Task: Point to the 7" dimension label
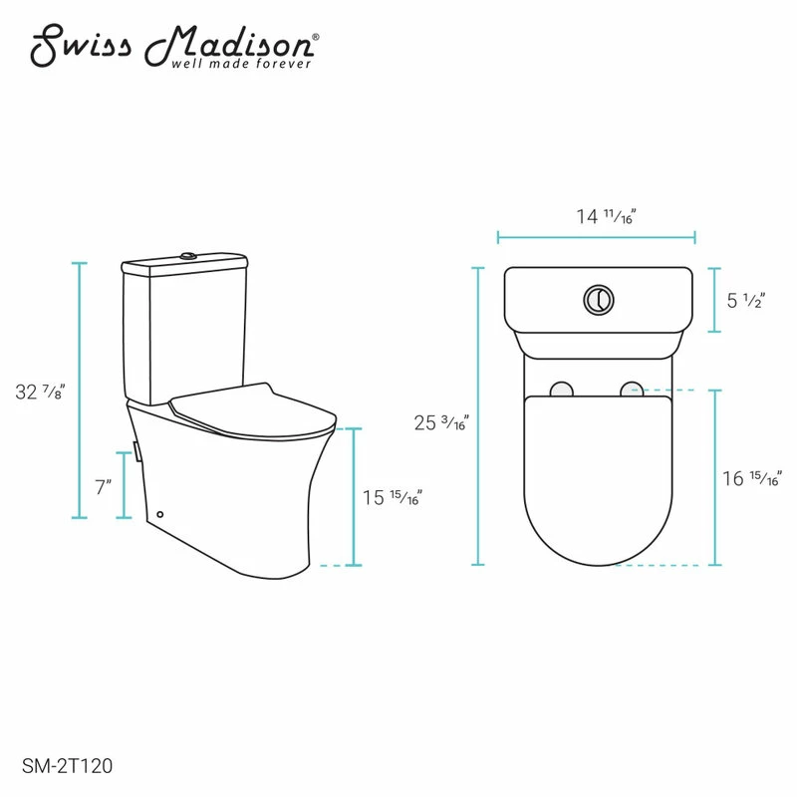(x=104, y=487)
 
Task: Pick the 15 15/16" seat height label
(x=394, y=497)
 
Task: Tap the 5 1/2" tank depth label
(x=743, y=300)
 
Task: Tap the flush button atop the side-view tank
(x=185, y=259)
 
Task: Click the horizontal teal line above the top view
(x=596, y=238)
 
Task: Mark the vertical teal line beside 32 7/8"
(x=80, y=390)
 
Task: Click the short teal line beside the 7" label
(x=124, y=485)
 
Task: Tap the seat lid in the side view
(x=249, y=413)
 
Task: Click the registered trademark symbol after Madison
(x=316, y=37)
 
